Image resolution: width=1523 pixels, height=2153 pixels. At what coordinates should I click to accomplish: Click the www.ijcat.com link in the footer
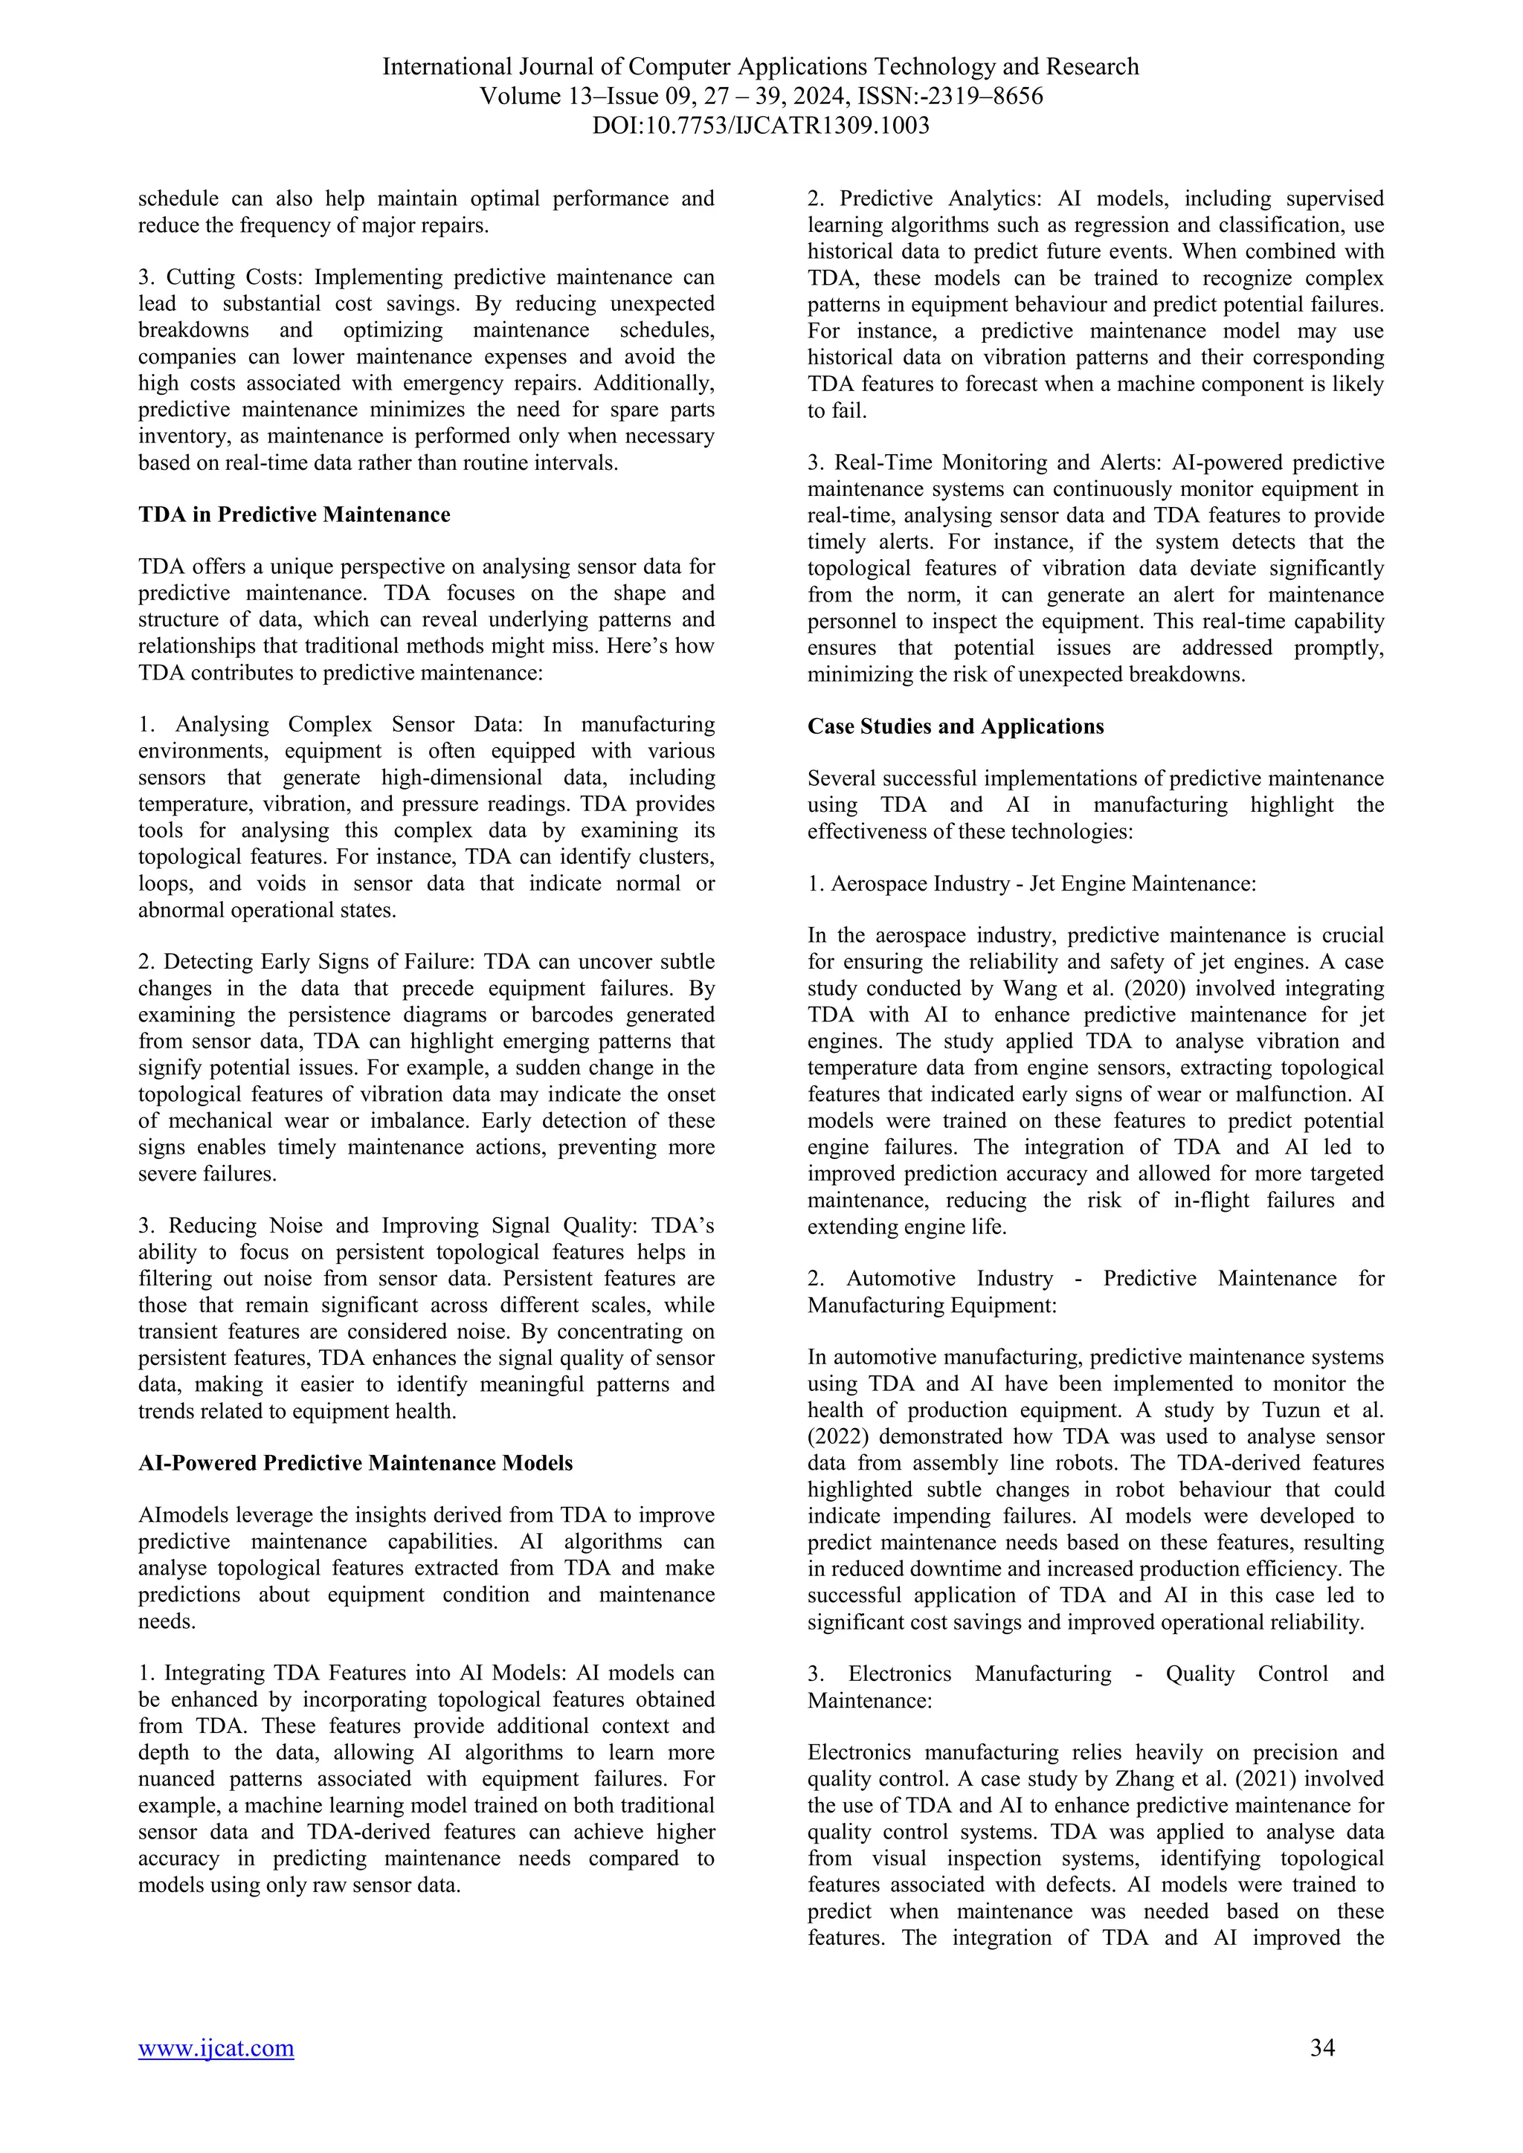click(x=216, y=2074)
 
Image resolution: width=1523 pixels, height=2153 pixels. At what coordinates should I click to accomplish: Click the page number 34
click(x=1321, y=2073)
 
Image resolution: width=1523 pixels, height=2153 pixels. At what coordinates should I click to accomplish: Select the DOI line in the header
click(x=761, y=126)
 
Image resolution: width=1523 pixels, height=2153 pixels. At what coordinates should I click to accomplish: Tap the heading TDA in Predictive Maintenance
click(x=294, y=514)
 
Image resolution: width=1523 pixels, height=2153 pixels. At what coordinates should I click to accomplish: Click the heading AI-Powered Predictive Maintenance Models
click(x=355, y=1463)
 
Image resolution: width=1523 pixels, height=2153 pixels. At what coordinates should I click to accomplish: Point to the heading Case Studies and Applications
click(x=955, y=726)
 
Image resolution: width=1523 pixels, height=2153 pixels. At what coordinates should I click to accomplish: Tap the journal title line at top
click(x=761, y=67)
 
